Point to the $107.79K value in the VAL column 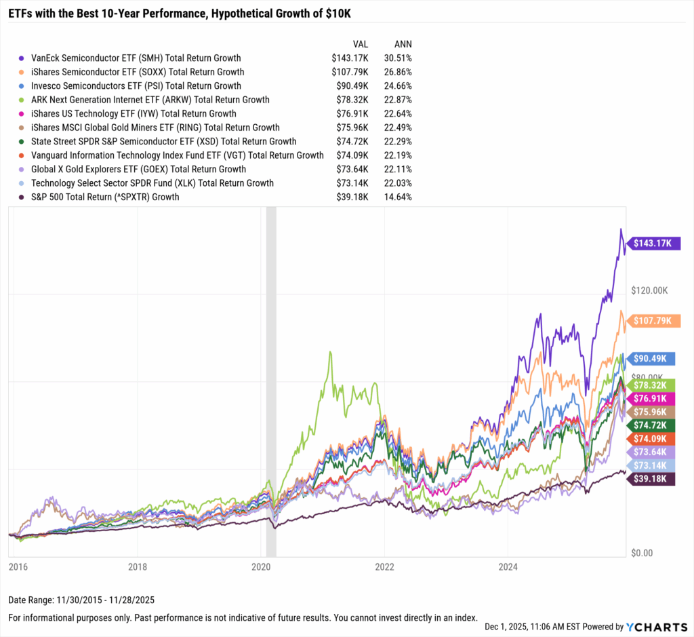pos(346,72)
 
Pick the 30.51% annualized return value pos(398,58)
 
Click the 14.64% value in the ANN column pos(398,197)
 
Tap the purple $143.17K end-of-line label pos(655,243)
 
